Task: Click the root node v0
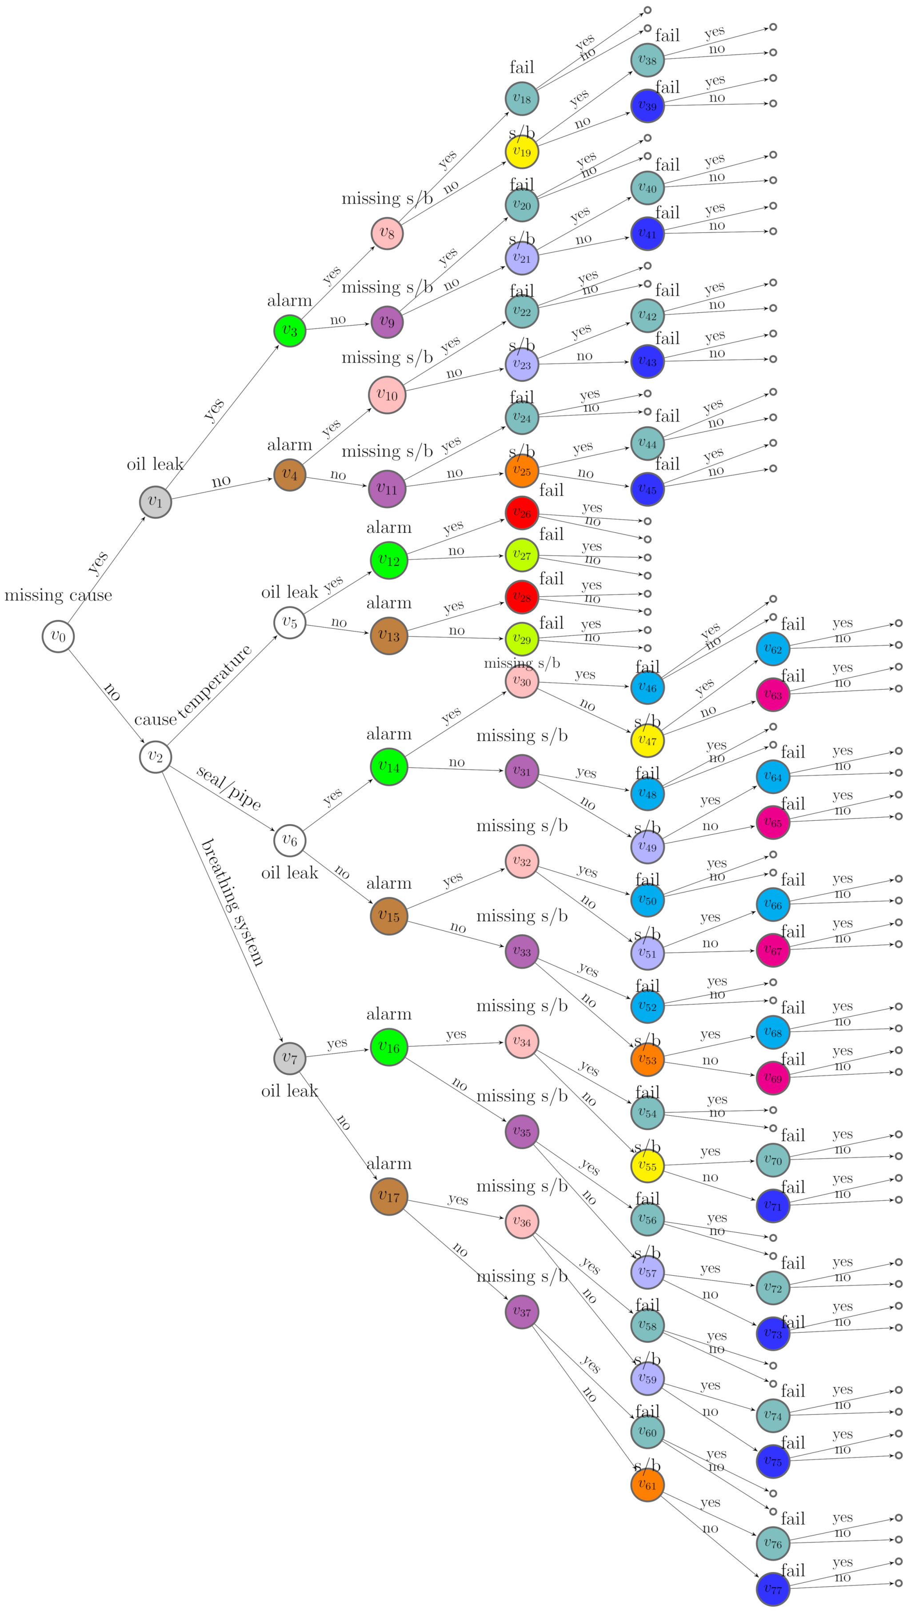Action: click(58, 636)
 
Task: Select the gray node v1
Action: click(155, 502)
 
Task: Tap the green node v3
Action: click(290, 330)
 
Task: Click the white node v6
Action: click(290, 840)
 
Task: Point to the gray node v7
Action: click(290, 1058)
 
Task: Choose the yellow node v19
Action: click(522, 152)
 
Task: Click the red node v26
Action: click(522, 513)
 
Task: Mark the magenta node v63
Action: click(773, 695)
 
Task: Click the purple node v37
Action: click(522, 1311)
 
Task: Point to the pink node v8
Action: click(387, 234)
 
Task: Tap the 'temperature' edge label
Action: click(215, 681)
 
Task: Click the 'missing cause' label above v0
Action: click(58, 595)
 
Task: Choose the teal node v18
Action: click(522, 98)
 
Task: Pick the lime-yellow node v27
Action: click(522, 555)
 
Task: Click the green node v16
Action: click(389, 1047)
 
